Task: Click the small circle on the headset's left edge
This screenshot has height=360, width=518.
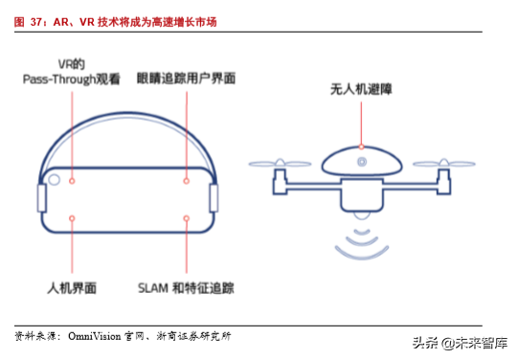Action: coord(56,179)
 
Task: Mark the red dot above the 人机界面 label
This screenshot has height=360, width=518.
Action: coord(73,218)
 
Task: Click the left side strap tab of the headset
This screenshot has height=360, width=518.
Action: coord(41,198)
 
